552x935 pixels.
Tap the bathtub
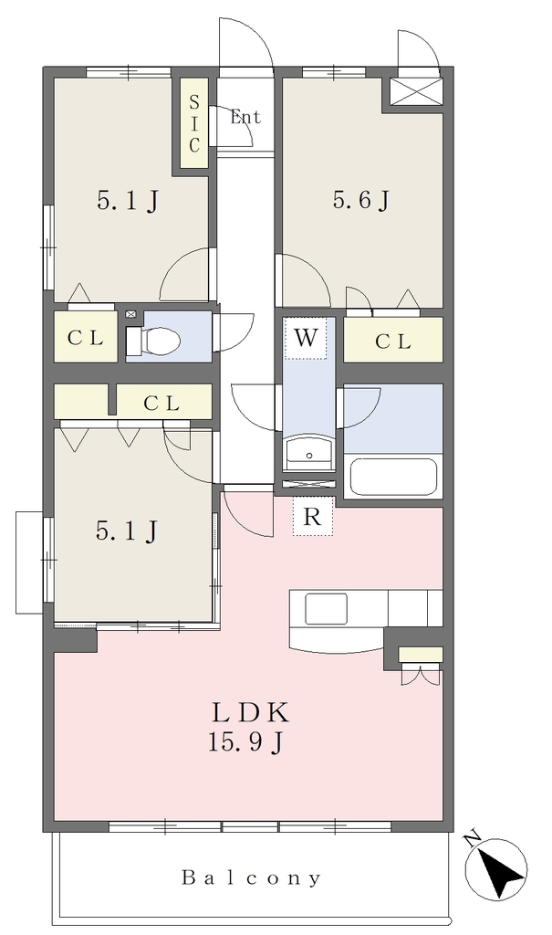coord(393,476)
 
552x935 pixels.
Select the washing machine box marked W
coord(306,338)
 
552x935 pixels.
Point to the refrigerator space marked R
coord(312,517)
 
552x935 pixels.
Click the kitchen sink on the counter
coord(326,609)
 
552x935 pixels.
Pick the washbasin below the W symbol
coord(309,453)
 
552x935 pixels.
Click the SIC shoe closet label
coord(194,123)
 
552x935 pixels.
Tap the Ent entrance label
coord(245,117)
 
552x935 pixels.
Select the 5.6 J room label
coord(361,200)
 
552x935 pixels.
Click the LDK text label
coord(251,712)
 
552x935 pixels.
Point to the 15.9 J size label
coord(245,741)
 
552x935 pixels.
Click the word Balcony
coord(251,877)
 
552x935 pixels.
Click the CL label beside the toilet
coord(85,339)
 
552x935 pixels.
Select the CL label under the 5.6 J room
coord(393,341)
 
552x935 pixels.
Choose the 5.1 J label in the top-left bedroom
coord(128,202)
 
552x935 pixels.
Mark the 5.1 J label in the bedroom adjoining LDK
coord(127,531)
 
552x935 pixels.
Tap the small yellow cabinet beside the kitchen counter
coord(421,654)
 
